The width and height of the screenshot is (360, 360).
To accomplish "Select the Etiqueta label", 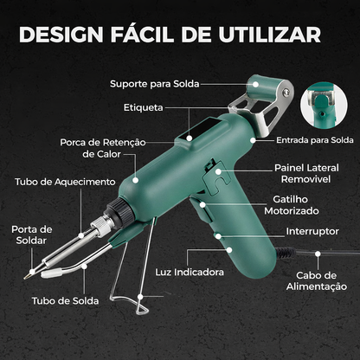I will coord(144,109).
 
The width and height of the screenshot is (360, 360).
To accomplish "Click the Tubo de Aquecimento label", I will coord(65,183).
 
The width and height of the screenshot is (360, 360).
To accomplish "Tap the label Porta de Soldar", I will coord(33,236).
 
